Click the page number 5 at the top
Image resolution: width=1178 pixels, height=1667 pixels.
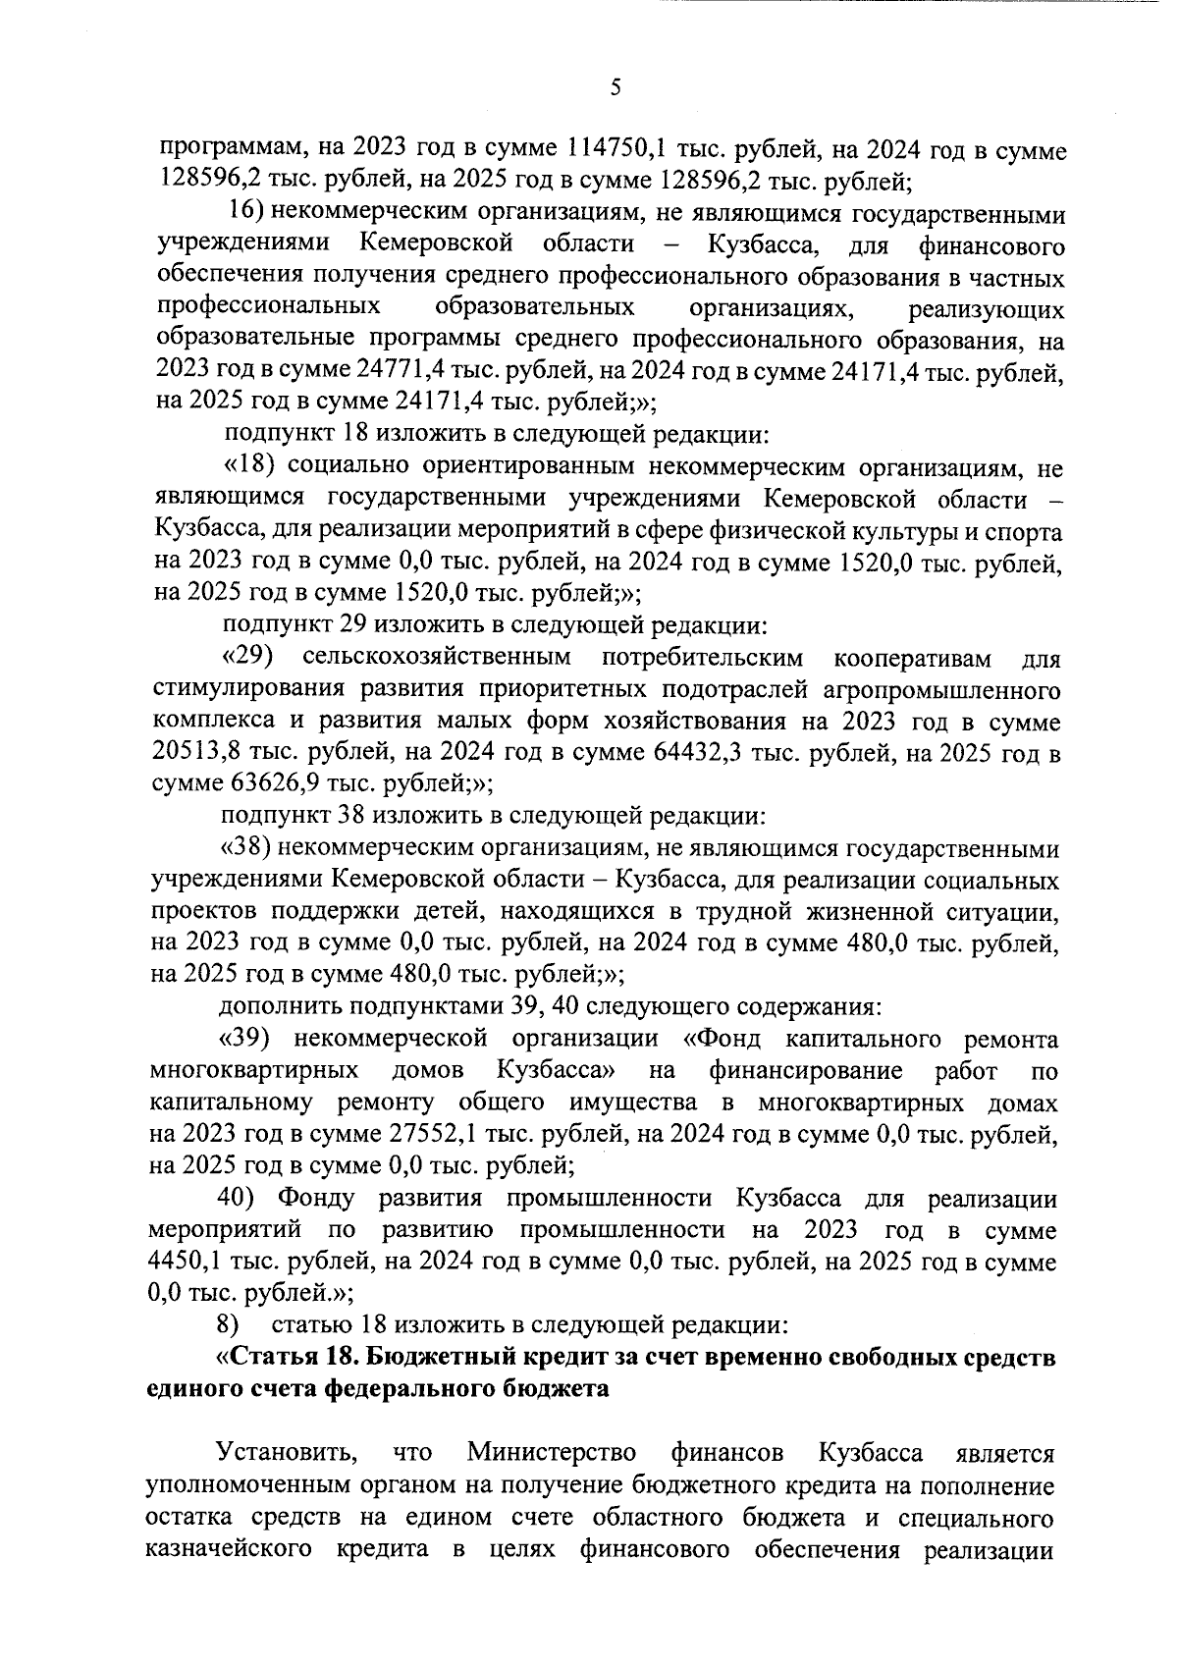pos(616,88)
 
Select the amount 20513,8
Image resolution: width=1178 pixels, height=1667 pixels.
pos(201,753)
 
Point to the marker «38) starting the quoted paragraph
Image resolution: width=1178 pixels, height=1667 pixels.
pos(246,847)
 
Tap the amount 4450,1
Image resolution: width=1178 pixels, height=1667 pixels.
pos(188,1263)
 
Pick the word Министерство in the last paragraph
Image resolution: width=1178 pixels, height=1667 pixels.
pos(552,1452)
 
